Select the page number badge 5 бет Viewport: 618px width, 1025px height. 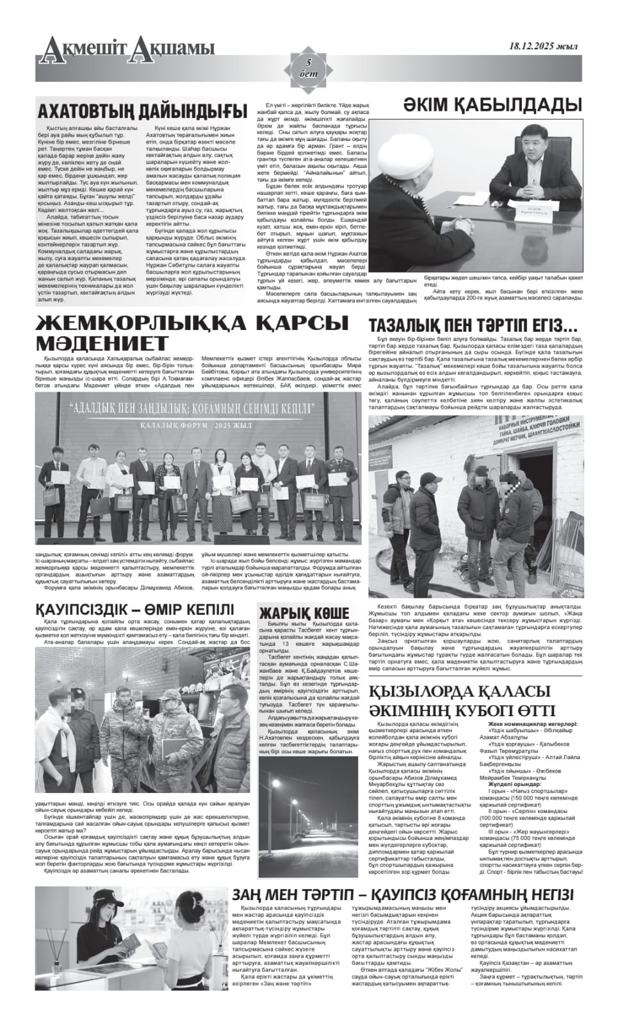point(309,67)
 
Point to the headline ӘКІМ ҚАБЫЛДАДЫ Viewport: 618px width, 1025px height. point(492,105)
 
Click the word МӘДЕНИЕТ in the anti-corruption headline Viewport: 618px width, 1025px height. point(102,343)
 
